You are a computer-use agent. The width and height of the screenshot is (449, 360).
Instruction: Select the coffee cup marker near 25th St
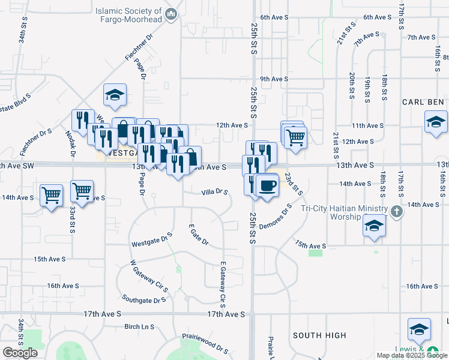[267, 185]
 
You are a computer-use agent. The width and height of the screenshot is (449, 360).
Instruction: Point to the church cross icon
[396, 212]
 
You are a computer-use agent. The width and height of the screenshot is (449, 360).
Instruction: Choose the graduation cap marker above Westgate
[115, 94]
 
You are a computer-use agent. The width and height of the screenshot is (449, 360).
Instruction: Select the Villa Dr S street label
[214, 192]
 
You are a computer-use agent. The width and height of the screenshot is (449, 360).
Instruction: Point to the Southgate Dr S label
[143, 298]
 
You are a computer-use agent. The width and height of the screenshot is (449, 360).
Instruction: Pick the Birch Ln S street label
[139, 327]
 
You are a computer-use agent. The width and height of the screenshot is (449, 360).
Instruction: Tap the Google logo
[20, 353]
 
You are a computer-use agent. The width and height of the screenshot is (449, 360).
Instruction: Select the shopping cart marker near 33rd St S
[82, 192]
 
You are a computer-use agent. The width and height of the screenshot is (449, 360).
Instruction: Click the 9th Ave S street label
[271, 79]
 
